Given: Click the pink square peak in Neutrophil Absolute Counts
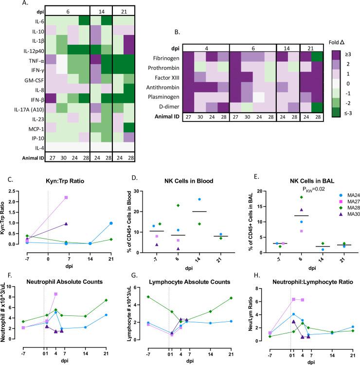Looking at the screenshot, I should tap(56, 294).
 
